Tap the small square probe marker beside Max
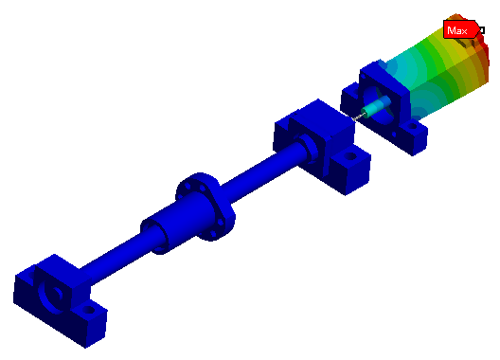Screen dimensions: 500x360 point(482,30)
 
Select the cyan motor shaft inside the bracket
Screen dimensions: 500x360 point(377,107)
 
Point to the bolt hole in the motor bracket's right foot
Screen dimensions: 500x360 point(412,126)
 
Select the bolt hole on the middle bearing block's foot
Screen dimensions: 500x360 point(350,156)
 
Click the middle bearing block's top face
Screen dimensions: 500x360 point(321,117)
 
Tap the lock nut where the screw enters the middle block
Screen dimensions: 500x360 point(309,148)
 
